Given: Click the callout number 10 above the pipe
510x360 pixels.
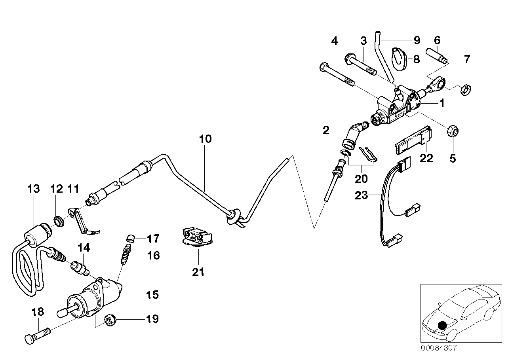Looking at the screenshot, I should tap(206, 139).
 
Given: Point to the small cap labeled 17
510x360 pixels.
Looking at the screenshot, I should tap(130, 238).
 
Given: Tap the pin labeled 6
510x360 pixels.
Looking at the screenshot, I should tap(437, 55).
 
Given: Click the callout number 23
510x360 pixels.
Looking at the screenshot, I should tap(362, 195).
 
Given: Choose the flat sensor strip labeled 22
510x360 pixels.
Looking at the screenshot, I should tap(413, 140).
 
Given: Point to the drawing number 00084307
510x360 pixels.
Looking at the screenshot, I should tap(439, 349).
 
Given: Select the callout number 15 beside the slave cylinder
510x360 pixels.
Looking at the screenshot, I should tap(152, 295).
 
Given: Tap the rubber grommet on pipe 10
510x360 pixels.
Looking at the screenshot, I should tap(233, 215).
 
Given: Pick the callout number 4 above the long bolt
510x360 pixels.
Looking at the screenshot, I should tap(335, 40).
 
